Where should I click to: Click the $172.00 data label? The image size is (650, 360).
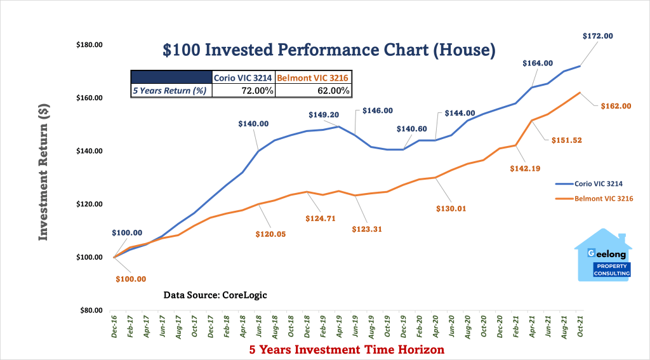597,37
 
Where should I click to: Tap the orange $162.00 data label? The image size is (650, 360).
615,106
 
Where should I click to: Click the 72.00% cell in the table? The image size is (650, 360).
243,91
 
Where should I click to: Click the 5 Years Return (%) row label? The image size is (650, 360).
171,91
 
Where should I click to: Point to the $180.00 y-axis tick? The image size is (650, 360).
90,45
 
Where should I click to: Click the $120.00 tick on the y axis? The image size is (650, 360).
90,204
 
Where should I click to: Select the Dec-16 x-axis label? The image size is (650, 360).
115,330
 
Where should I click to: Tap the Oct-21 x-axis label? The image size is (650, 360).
579,330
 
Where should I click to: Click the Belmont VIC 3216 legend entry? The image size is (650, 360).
595,199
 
